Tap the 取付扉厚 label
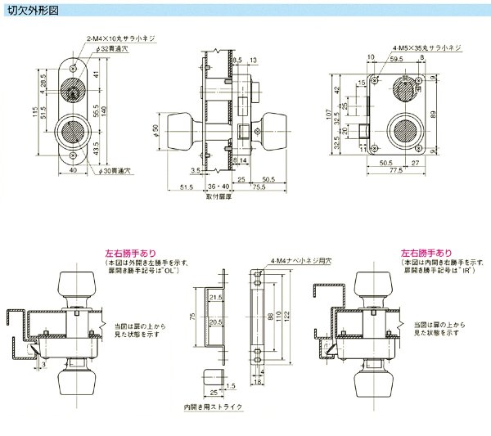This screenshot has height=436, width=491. [217, 197]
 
